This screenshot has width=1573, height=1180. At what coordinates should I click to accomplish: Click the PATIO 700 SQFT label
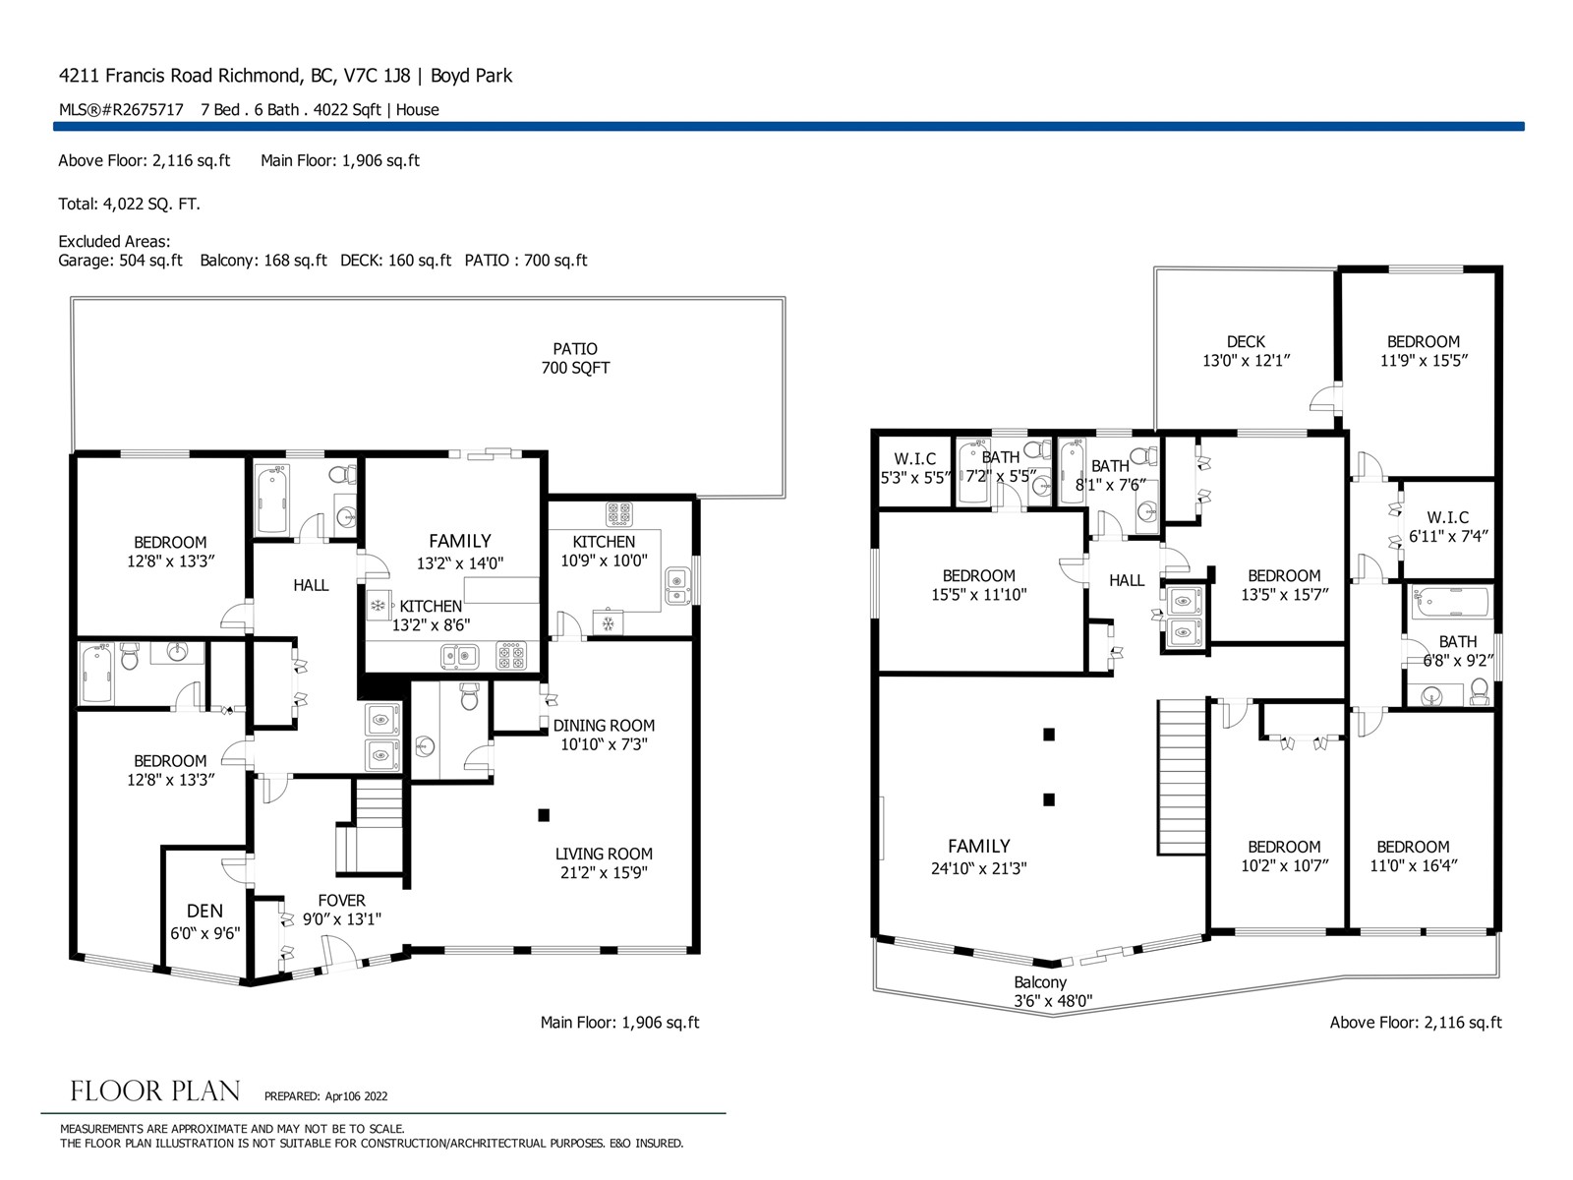click(575, 358)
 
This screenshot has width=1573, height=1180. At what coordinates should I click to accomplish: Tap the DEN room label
click(204, 911)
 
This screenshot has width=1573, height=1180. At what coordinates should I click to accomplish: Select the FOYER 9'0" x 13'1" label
click(341, 910)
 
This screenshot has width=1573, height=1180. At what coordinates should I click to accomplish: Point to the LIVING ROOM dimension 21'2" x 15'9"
click(604, 872)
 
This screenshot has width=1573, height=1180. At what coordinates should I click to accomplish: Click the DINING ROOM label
click(604, 725)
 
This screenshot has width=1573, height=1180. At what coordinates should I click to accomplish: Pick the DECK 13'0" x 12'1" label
click(1246, 351)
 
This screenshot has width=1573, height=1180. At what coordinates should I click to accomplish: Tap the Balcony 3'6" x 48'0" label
click(1052, 991)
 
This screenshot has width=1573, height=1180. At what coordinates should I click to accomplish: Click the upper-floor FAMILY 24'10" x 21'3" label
click(978, 856)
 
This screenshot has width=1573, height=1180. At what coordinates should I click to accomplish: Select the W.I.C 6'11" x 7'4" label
click(1447, 527)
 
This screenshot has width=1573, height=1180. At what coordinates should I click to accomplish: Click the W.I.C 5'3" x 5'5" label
click(914, 468)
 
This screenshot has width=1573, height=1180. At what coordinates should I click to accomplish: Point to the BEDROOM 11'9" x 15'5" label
click(1424, 351)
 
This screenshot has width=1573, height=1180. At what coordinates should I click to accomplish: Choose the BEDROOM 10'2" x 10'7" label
click(1284, 856)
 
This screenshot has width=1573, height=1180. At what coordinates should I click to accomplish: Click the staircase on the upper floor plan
click(1181, 778)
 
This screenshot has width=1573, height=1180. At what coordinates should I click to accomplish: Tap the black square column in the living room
click(544, 814)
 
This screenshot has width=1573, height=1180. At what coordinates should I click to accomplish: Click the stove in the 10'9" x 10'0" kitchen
click(619, 513)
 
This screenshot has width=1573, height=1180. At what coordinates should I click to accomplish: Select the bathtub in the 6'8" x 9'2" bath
click(1450, 601)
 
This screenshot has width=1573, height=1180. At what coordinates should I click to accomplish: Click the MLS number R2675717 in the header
click(121, 109)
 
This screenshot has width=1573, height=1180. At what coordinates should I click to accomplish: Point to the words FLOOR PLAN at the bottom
click(154, 1091)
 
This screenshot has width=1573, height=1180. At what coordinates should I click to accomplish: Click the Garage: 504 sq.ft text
click(120, 260)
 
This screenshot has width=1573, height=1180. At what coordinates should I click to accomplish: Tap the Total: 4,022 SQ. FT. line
click(129, 204)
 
